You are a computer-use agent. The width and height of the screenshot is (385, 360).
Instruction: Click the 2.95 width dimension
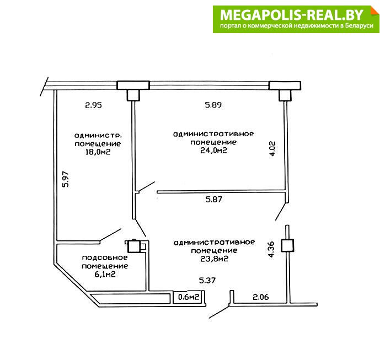93,105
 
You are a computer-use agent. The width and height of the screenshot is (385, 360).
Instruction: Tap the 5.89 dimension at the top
213,105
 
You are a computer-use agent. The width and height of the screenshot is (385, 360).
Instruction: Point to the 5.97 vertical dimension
66,179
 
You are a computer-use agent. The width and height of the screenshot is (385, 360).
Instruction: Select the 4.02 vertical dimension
272,149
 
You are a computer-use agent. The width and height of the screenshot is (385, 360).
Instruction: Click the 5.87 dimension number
214,199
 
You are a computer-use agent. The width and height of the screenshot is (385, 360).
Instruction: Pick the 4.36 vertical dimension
271,249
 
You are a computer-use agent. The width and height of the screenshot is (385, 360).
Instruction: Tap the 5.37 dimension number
207,280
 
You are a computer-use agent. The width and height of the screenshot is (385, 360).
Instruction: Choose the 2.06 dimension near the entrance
261,297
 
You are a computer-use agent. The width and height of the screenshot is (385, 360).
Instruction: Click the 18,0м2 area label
98,152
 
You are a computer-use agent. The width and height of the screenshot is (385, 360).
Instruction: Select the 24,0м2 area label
213,151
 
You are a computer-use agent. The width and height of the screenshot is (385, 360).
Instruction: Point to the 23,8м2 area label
214,259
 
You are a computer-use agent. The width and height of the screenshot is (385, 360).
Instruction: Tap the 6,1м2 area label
105,275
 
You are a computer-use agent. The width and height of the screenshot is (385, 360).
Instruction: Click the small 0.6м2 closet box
189,297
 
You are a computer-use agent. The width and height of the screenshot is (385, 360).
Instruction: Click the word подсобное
105,257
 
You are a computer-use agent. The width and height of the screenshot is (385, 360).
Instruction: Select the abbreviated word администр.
98,136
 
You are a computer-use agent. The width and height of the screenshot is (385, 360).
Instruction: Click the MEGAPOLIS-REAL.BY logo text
291,15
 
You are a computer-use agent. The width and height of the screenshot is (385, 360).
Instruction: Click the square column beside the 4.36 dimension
287,245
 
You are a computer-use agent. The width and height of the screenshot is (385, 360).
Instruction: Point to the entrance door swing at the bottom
220,312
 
